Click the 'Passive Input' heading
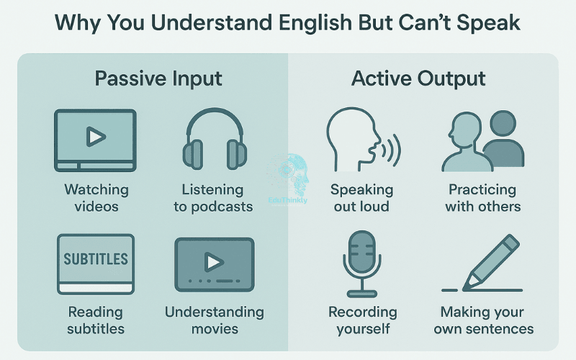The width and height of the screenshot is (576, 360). [158, 78]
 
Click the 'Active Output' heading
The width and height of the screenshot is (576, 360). [418, 78]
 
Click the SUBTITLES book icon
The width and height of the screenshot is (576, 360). [96, 263]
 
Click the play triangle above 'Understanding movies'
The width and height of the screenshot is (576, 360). [213, 260]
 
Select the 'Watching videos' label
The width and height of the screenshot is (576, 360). [96, 198]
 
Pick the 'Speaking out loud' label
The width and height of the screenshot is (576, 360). [361, 198]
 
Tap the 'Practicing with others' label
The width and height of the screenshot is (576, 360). [482, 198]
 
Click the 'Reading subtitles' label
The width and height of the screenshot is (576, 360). [96, 320]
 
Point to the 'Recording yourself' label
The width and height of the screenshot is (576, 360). [362, 320]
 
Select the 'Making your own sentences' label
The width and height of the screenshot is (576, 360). [487, 320]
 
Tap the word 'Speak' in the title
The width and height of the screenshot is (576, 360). [489, 23]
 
